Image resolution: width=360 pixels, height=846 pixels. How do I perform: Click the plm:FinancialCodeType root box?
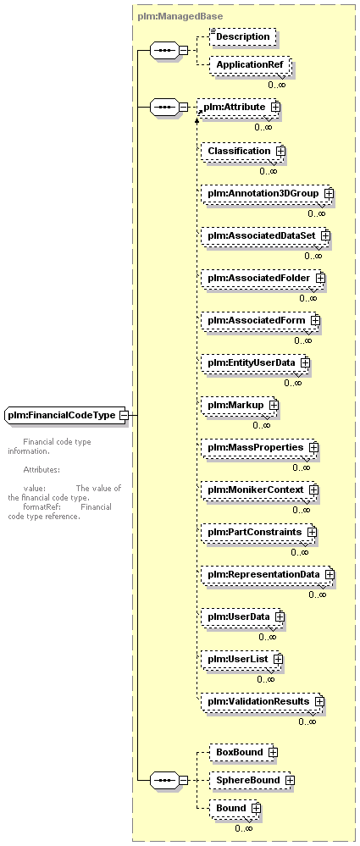tap(65, 416)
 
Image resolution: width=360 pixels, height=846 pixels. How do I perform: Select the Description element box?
tap(242, 37)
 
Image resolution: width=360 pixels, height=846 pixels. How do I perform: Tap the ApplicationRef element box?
tap(251, 64)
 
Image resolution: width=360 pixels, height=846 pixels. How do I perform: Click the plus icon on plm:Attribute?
tap(276, 107)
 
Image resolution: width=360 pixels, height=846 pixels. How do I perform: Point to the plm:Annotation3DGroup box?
tap(267, 192)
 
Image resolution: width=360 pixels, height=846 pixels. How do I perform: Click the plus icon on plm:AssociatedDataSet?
tap(325, 235)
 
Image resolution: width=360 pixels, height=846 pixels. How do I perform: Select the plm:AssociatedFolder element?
tap(263, 278)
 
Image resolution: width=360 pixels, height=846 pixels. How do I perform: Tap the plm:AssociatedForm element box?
tap(261, 320)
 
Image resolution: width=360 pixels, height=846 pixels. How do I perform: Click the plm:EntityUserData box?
tap(255, 362)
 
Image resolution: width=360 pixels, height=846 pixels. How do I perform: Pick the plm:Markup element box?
tap(240, 405)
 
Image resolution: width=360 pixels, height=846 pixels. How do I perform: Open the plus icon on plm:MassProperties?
tap(313, 447)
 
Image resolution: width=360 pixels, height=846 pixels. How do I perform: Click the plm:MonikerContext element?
tap(259, 489)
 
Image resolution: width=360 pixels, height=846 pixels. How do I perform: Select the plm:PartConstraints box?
tap(258, 532)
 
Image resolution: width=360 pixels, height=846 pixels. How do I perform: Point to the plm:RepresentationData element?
tap(268, 574)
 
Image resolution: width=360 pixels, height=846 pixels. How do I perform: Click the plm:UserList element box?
tap(241, 659)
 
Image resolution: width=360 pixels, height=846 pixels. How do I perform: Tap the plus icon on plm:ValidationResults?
tap(319, 701)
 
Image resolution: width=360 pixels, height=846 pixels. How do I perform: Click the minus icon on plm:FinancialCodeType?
tap(124, 416)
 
